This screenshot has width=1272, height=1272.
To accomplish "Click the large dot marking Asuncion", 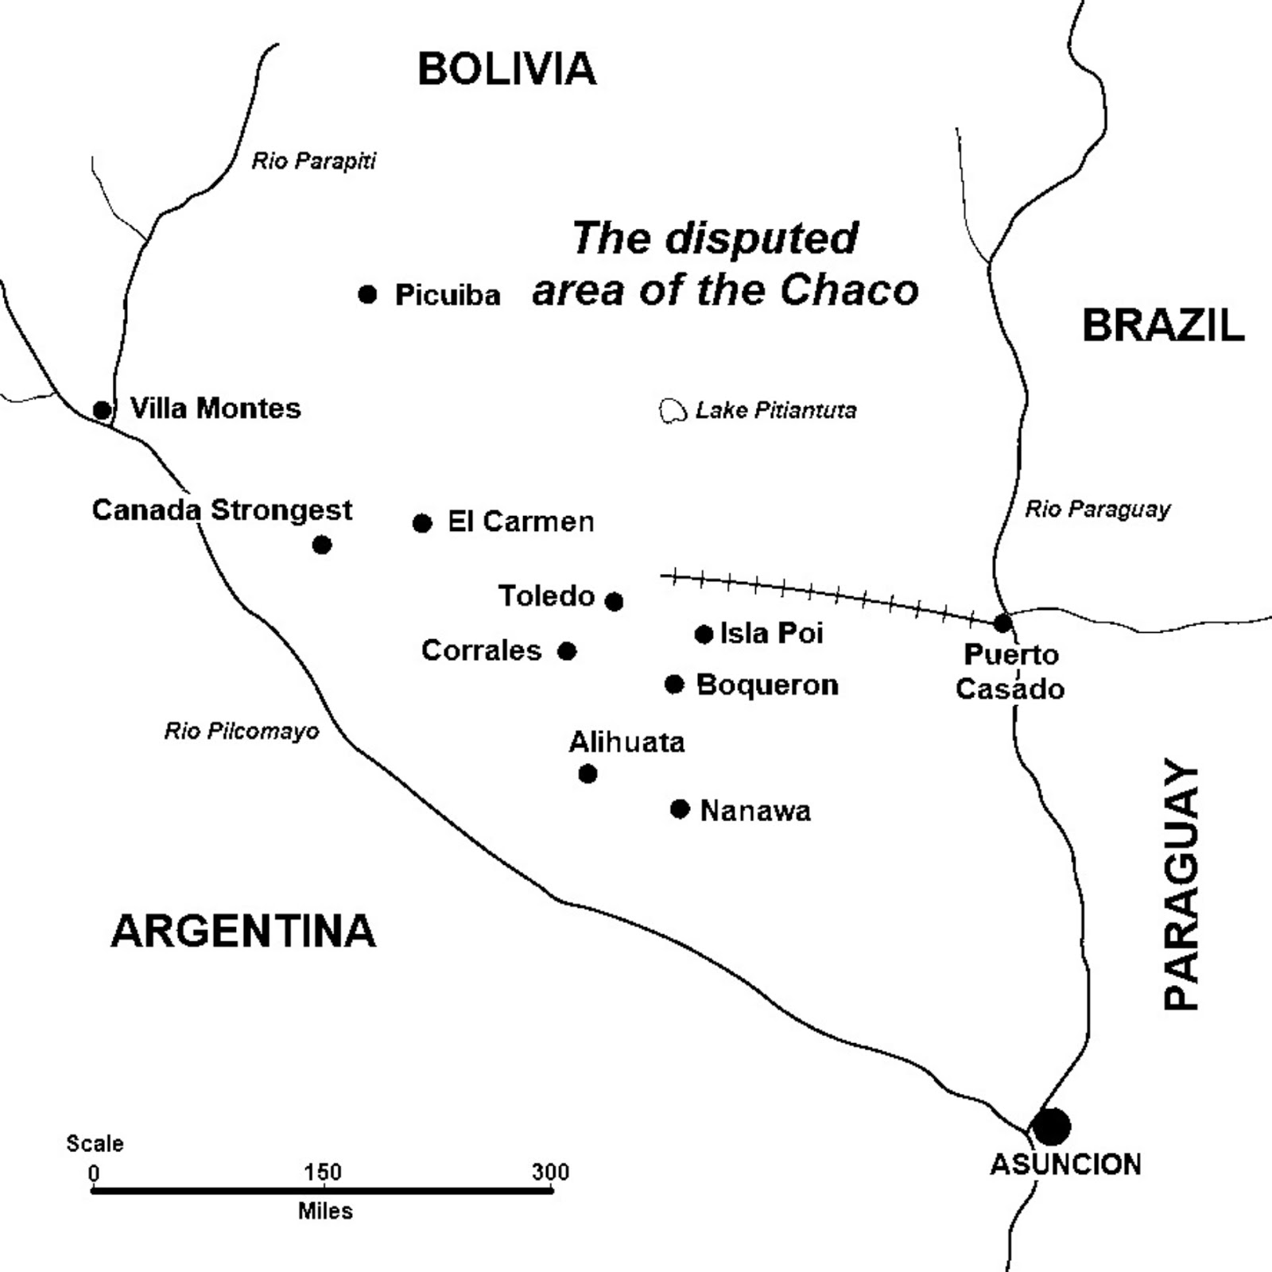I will (x=1051, y=1127).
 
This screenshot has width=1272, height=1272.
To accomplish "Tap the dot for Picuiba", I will (x=367, y=294).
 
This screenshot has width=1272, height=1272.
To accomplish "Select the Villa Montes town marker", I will (x=102, y=410).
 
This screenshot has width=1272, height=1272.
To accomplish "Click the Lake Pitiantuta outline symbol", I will (x=673, y=410).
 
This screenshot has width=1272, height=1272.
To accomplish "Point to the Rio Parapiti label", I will (x=313, y=161).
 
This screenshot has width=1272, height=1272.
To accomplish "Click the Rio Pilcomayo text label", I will (x=242, y=731).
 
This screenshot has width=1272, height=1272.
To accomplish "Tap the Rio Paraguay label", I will (x=1097, y=509).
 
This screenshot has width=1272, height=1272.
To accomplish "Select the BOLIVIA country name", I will (x=506, y=69).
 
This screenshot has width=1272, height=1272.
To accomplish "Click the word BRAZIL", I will (x=1162, y=326).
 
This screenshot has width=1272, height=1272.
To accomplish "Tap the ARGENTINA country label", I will (x=242, y=931).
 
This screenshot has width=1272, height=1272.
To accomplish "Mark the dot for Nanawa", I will (x=680, y=809).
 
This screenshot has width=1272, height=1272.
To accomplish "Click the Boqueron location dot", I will (x=674, y=684).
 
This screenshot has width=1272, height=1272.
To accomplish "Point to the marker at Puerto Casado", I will (x=1003, y=622).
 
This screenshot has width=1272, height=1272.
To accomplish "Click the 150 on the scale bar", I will (x=322, y=1172).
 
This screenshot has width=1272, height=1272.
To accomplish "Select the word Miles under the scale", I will (x=325, y=1211).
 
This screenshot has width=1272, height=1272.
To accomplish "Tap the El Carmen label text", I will (x=521, y=522).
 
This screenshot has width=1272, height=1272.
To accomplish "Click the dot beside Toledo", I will (x=614, y=601).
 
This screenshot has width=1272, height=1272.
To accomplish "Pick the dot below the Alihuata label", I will (x=588, y=774).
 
